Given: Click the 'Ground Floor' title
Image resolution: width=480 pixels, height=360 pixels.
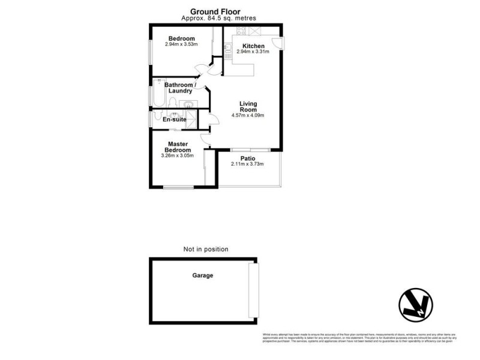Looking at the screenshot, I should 215,11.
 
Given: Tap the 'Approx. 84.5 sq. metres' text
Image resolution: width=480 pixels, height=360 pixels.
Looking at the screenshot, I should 215,19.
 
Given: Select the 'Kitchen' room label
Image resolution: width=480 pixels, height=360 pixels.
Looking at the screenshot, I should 253,46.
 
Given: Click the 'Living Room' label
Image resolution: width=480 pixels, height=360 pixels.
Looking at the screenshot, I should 248,106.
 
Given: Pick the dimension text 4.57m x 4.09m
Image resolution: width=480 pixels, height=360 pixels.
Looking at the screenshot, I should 248,116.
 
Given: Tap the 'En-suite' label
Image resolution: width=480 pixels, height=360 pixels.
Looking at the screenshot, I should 175,119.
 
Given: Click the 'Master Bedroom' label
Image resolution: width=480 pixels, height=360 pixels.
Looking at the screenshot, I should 178,147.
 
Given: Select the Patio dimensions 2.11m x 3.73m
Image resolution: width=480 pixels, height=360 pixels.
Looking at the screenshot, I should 247,164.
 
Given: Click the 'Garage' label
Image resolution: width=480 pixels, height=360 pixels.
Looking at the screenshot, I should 202,276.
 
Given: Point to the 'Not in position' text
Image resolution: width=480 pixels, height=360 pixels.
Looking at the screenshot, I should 206,249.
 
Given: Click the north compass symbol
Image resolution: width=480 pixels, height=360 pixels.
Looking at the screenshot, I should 415,306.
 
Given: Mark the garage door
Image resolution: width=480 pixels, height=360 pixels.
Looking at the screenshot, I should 254,290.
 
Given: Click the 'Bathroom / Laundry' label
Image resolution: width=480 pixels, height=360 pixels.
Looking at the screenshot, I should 180,88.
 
